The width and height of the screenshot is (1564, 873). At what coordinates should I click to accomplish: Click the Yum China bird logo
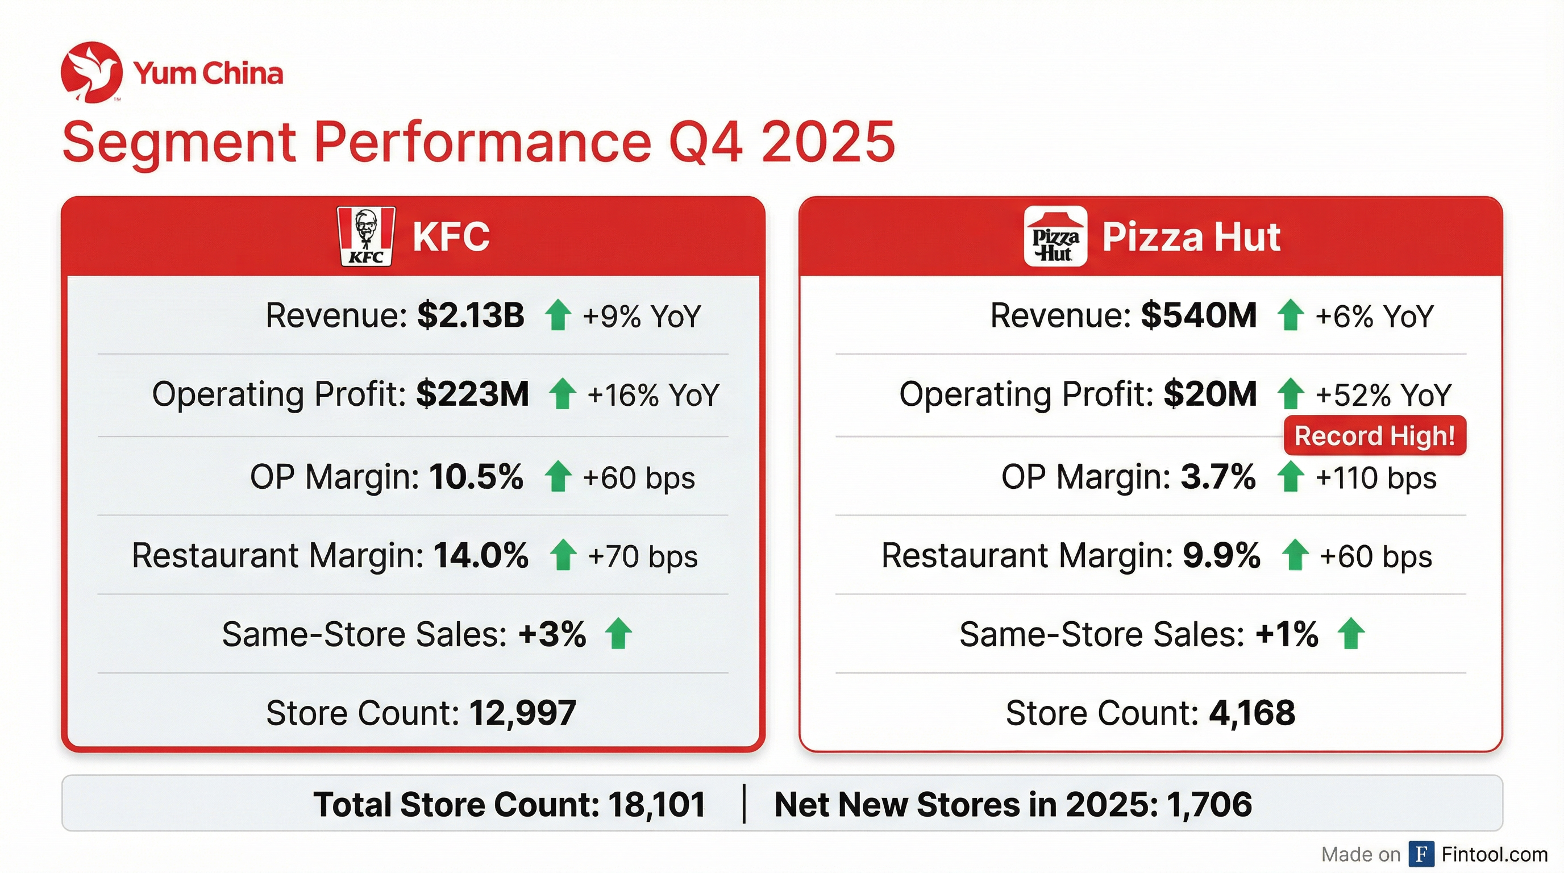pos(91,72)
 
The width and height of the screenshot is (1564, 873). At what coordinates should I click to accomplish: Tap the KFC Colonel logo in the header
pos(365,236)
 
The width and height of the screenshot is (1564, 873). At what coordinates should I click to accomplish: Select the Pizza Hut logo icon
pos(1055,237)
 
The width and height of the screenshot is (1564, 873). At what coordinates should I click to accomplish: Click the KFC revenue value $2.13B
pos(471,315)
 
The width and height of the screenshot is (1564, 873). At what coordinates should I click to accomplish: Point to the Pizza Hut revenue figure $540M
pos(1199,315)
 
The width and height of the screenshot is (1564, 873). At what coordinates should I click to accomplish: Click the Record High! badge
pos(1375,436)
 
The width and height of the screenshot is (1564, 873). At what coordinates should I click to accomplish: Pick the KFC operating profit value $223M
pos(472,394)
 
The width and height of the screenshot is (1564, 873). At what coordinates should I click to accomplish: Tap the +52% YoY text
pos(1383,395)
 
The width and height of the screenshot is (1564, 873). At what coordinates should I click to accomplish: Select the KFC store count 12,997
pos(522,713)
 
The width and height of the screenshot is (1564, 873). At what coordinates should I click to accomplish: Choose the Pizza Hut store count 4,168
pos(1252,713)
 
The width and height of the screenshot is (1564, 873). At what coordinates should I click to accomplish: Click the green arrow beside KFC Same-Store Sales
pos(619,633)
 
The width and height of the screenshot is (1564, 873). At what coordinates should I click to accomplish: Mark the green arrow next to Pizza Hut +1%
pos(1351,633)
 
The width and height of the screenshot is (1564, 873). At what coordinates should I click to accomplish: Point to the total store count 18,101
pos(656,804)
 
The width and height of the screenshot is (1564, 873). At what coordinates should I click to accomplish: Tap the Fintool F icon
pos(1421,854)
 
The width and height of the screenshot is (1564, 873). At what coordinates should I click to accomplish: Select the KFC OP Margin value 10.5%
pos(476,476)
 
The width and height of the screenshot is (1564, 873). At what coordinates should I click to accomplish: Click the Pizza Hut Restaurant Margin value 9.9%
pos(1221,555)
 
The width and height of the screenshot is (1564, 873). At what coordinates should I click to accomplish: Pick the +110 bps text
pos(1376,478)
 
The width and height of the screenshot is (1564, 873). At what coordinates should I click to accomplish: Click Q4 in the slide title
pos(705,142)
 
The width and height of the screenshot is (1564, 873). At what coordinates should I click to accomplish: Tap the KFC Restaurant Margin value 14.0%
pos(481,555)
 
